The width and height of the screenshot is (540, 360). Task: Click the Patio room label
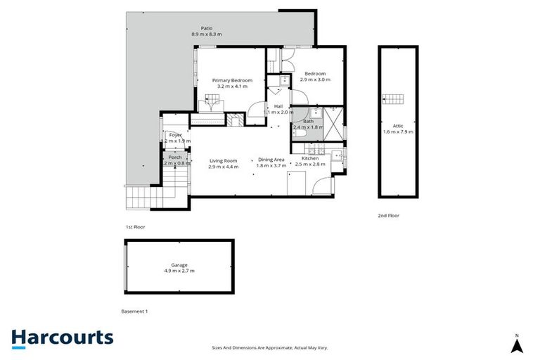click(206, 28)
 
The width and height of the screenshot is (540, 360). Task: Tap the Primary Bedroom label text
click(232, 80)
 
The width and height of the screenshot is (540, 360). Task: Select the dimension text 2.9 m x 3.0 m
click(314, 79)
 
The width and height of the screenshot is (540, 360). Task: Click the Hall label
click(269, 106)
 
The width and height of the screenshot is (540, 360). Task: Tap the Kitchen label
click(311, 159)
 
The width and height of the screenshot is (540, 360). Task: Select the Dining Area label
click(271, 160)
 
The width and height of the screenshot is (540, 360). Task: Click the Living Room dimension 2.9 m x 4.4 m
click(224, 167)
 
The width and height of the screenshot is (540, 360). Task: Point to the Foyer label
click(175, 134)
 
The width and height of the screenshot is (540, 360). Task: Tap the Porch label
click(175, 157)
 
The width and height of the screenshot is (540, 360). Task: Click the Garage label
click(179, 264)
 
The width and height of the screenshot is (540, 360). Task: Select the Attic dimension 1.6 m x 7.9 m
click(398, 131)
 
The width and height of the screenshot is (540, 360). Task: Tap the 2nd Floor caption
click(388, 216)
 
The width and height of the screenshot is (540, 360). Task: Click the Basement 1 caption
click(135, 311)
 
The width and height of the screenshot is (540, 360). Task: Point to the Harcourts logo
click(62, 337)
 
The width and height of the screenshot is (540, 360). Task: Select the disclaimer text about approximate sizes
click(269, 347)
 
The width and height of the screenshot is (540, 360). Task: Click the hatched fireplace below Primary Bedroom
click(234, 120)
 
